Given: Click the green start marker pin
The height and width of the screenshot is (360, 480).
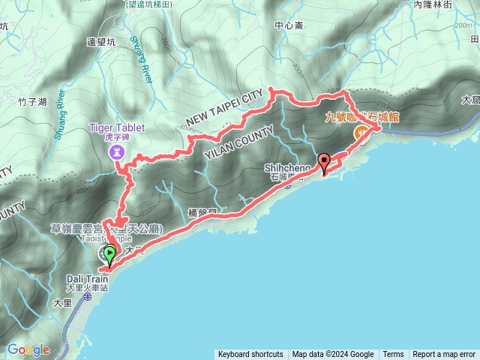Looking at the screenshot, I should click(x=110, y=255).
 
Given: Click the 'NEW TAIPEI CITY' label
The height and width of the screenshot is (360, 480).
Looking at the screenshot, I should click(x=225, y=108).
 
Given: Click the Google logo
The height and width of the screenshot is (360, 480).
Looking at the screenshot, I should click(x=28, y=349).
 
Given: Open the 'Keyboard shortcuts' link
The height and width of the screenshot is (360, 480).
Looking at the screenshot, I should click(x=250, y=355).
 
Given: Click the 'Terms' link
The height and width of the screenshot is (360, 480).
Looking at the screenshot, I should click(x=393, y=355).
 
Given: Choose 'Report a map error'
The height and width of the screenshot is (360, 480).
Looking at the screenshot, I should click(x=444, y=355).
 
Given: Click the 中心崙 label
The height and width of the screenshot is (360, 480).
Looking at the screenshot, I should click(x=289, y=25).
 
